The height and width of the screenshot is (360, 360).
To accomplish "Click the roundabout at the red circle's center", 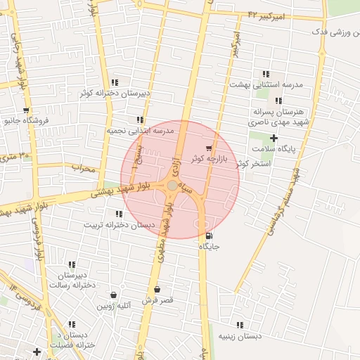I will pos(172,185).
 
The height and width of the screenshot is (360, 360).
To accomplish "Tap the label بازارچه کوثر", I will pos(205,158).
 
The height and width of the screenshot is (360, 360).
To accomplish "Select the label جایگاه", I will pos(210,246).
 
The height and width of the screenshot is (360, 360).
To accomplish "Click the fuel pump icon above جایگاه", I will pos(208,235).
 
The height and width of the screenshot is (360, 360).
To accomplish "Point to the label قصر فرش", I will pos(157,300).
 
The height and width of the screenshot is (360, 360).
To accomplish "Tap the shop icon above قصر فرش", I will pos(157,289).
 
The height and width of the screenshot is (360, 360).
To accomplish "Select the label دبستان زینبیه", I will pos(240,336).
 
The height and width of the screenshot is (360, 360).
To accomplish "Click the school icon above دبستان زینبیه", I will pos(240,325).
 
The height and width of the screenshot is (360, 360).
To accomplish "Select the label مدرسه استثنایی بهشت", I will pos(266,84).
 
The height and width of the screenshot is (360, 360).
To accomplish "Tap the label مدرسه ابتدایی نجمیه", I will pos(140,131).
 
